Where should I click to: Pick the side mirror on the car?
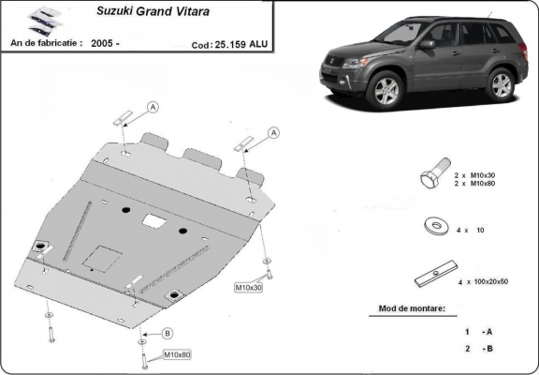coord(427,44)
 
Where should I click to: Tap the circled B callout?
coord(168,333)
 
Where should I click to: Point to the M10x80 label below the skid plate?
coord(177,354)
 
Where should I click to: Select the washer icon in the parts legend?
coord(433,226)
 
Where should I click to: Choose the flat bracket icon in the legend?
coord(433,277)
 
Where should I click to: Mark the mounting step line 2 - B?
coord(478,348)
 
